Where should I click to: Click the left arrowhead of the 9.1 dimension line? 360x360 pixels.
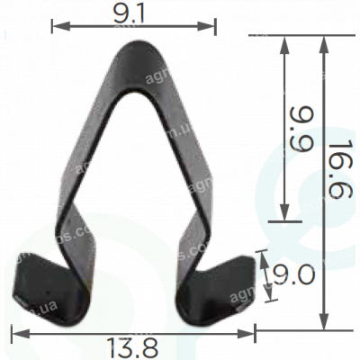point(56,25)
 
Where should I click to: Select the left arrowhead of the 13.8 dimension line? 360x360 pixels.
point(15,333)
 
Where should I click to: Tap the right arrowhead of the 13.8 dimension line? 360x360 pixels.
point(251,333)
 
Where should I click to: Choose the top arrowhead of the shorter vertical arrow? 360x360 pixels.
point(285,41)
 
